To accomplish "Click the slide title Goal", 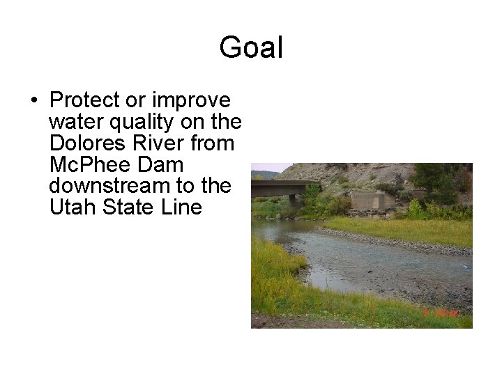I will point(251,48).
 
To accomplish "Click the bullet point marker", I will point(33,100).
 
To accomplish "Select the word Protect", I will point(85,100).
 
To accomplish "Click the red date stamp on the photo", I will point(440,314).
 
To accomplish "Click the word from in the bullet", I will point(214,143).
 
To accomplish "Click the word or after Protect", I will point(135,100).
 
